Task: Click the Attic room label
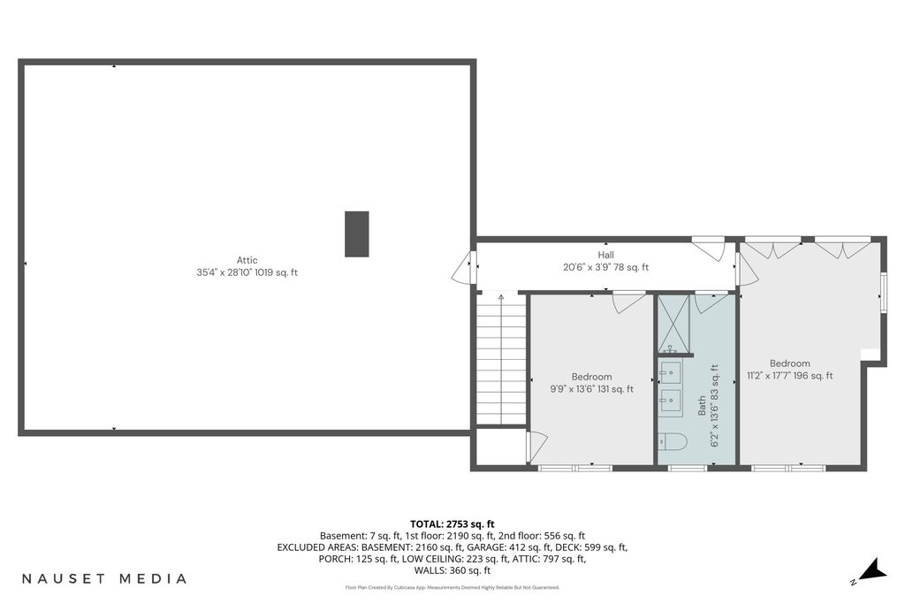(x=247, y=260)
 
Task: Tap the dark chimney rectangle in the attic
(x=357, y=233)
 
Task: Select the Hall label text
(x=606, y=255)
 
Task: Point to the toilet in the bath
(x=672, y=442)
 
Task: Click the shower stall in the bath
(x=673, y=324)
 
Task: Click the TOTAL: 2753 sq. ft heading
(x=452, y=524)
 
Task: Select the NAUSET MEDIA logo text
(x=104, y=578)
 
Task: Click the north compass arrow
(x=871, y=569)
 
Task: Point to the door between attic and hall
(x=463, y=267)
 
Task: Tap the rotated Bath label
(x=702, y=405)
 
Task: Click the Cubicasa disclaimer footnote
(x=452, y=588)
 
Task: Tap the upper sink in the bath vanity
(x=671, y=372)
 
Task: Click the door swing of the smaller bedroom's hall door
(x=629, y=303)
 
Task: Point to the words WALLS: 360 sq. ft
(x=452, y=570)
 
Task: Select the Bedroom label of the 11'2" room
(x=789, y=363)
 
